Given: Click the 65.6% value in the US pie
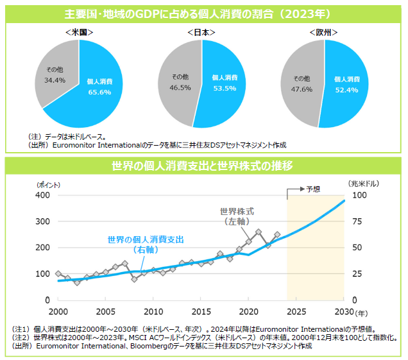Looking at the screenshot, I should click(x=99, y=92).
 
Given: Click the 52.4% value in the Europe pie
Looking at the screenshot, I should click(x=347, y=89).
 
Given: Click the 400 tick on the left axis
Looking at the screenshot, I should click(x=43, y=195).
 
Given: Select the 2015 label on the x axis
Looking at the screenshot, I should click(x=201, y=311).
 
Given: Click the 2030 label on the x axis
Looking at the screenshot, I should click(x=344, y=311).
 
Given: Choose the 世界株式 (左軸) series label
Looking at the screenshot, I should click(x=237, y=216).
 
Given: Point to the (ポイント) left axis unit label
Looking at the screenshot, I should click(x=49, y=184).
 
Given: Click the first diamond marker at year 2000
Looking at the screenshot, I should click(x=58, y=274).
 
